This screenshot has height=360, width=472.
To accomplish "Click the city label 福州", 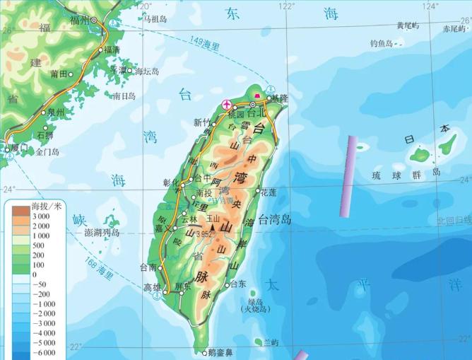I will (80, 20).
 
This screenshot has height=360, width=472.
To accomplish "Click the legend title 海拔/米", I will (47, 206).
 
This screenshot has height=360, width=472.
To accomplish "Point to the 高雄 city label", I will (152, 287).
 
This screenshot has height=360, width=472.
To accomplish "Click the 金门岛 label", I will (47, 152).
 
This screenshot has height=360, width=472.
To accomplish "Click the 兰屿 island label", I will (270, 342).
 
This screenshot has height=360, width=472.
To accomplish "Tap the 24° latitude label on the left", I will (8, 190).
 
